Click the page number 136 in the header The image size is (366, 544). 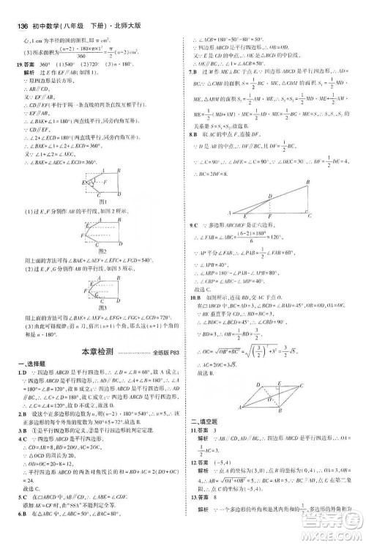tap(16, 7)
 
